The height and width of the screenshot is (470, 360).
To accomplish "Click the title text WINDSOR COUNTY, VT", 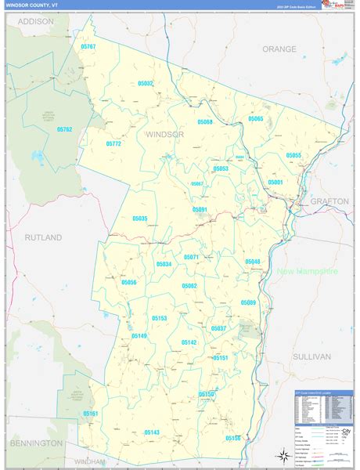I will tap(32, 5).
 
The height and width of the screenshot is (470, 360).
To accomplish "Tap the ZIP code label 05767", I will tap(88, 47).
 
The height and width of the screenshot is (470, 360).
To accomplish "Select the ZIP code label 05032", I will tap(146, 84).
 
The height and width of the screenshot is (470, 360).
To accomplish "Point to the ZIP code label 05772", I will tap(113, 144).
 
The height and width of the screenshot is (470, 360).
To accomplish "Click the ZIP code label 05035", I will tap(140, 219).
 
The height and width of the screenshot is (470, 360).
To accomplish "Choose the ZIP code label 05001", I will tap(275, 182).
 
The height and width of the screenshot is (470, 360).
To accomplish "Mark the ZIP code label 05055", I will tap(293, 156).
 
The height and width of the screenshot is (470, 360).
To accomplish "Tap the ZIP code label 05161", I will tap(91, 414).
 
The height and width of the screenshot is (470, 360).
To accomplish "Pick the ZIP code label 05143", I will tap(152, 432).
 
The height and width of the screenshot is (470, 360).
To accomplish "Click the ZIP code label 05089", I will tap(248, 302).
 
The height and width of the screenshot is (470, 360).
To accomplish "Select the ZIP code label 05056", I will tap(129, 282).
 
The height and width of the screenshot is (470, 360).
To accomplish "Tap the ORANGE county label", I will tap(279, 49).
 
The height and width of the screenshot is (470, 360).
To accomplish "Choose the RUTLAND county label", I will tap(42, 237).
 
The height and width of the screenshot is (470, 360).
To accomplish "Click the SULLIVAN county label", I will tap(311, 356).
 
